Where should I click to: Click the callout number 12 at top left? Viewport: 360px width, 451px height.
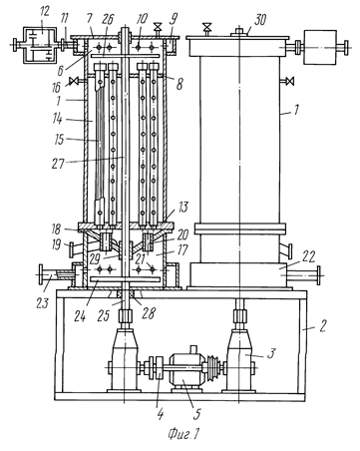coord(44,12)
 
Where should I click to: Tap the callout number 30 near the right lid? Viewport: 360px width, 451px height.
coord(259,20)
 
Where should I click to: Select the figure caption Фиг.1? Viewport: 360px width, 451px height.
coord(183,434)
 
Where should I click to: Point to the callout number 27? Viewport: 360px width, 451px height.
coord(58,163)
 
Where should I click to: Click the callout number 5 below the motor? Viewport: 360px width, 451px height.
coord(197,414)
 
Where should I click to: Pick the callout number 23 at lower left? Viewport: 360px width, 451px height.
coord(43,303)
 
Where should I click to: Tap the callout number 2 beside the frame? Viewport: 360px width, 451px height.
coord(323,325)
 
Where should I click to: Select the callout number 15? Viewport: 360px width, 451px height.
coord(59,140)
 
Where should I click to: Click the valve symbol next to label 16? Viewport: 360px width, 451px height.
coord(75,81)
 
